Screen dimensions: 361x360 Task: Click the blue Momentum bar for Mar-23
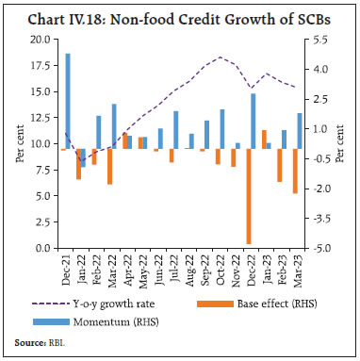(x=300, y=131)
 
